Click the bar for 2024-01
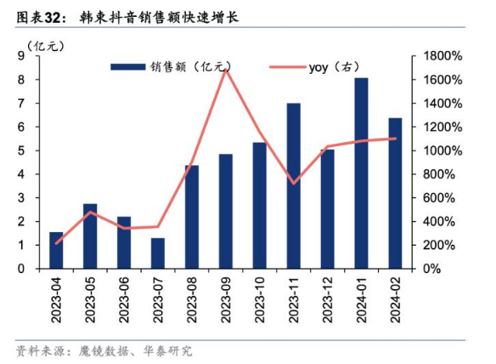tap(361, 173)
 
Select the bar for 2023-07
tap(157, 253)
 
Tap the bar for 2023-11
tap(293, 185)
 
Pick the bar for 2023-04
tap(56, 250)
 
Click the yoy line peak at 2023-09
tap(225, 69)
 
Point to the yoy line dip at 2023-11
tap(293, 183)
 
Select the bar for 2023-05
tap(90, 236)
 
